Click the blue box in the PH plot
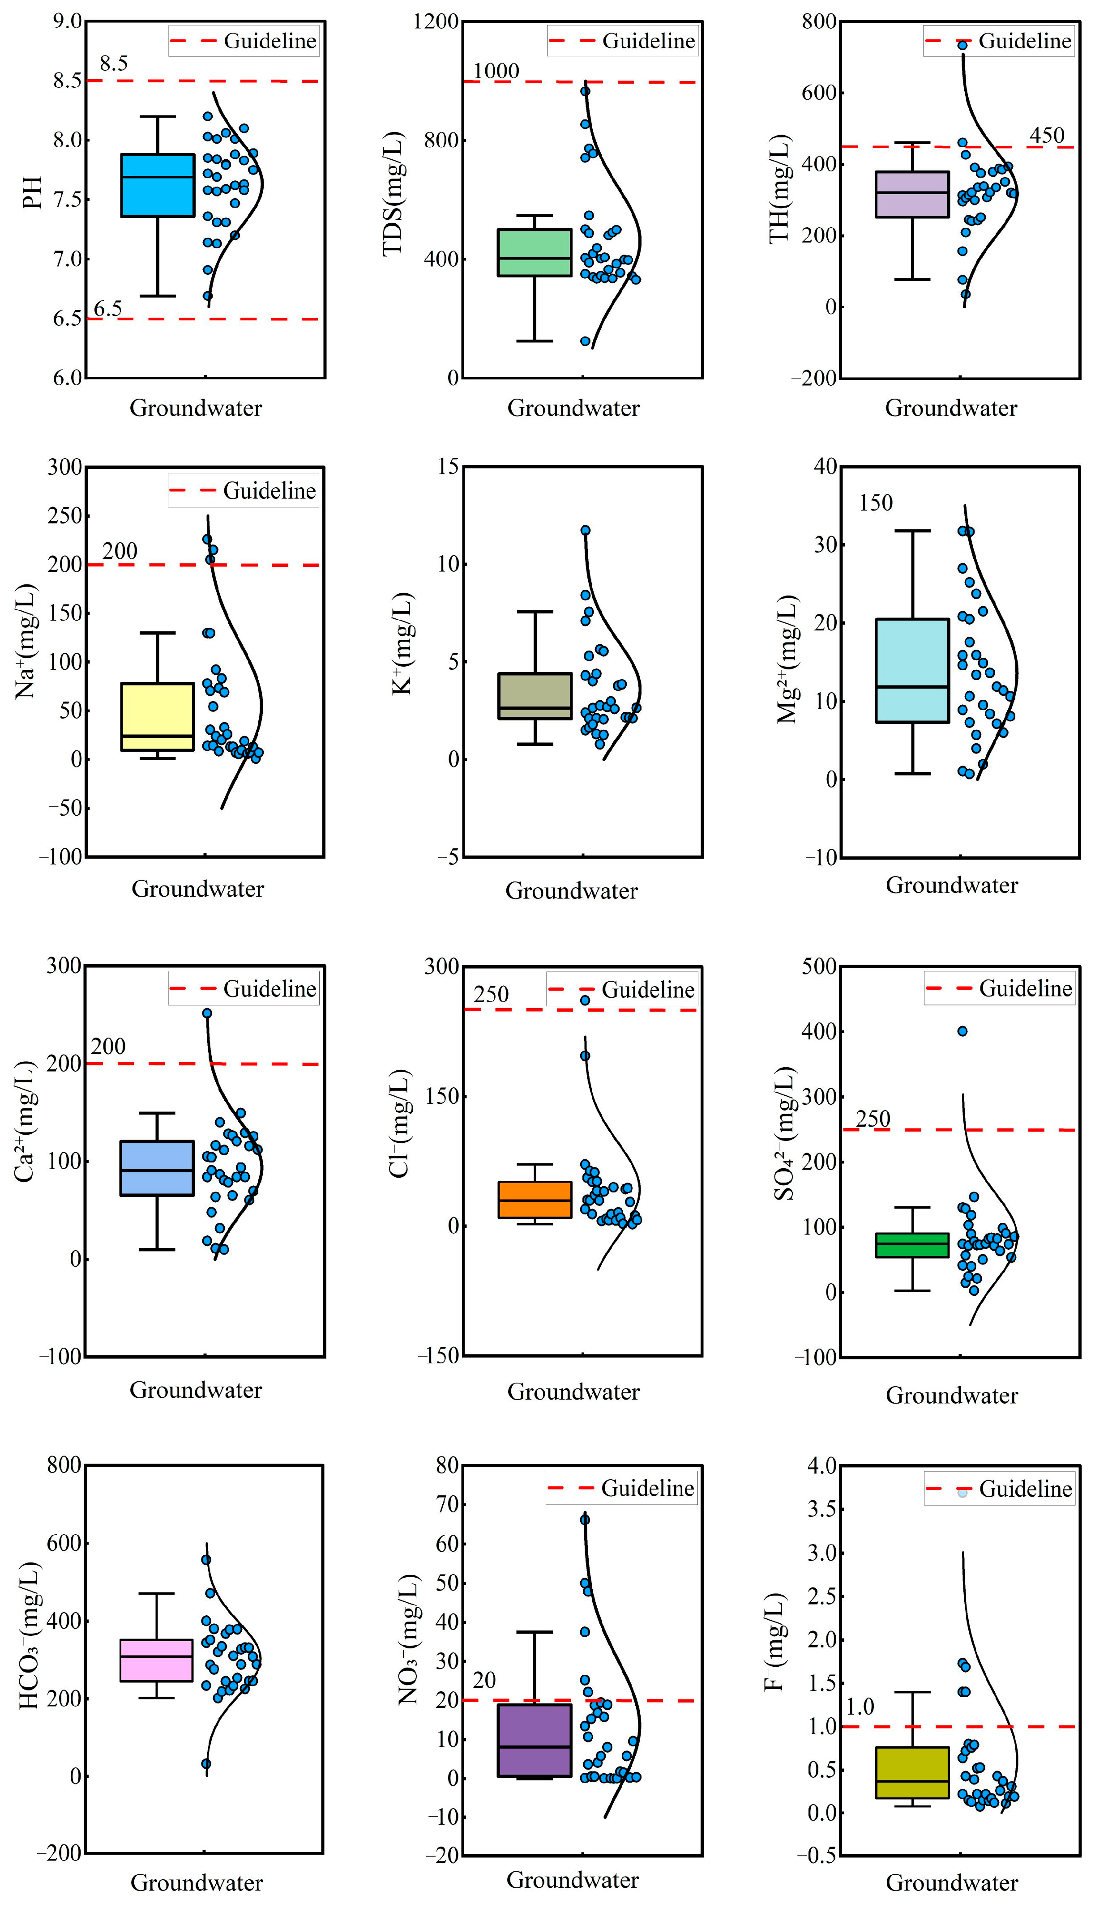[x=158, y=185]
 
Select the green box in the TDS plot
[x=535, y=252]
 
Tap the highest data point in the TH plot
[x=962, y=45]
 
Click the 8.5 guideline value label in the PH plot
[x=114, y=64]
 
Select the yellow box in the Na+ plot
[x=158, y=716]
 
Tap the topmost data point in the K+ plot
[x=585, y=530]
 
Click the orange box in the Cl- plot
[x=535, y=1200]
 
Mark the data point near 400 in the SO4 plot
[x=962, y=1031]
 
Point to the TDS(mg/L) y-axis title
[x=394, y=194]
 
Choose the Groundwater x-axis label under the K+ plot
[x=572, y=891]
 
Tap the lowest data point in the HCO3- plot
[x=206, y=1763]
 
